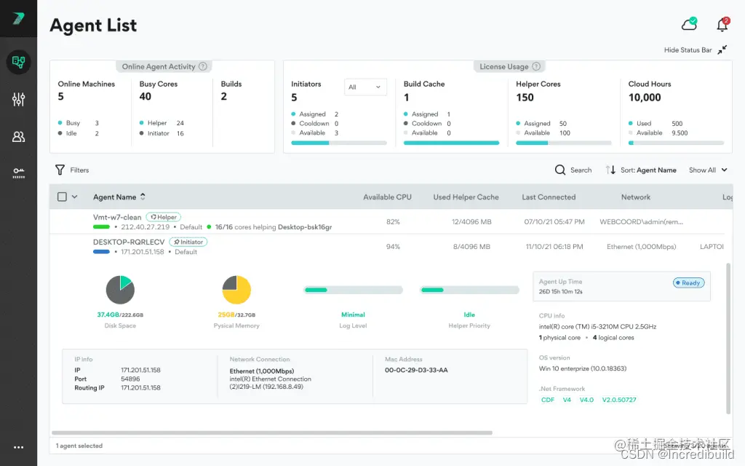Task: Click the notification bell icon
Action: tap(722, 25)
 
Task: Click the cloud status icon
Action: tap(688, 25)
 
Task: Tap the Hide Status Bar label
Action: tap(688, 50)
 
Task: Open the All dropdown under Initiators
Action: tap(364, 87)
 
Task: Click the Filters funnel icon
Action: tap(60, 170)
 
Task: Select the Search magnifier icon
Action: tap(560, 170)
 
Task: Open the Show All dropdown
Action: tap(708, 170)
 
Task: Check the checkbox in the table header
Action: tap(62, 197)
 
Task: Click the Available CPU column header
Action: tap(387, 197)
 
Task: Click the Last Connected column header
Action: tap(549, 197)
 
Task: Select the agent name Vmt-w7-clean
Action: tap(117, 217)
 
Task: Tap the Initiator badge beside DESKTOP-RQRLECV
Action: tap(188, 242)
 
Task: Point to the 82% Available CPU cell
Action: tap(393, 221)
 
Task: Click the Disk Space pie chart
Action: tap(120, 290)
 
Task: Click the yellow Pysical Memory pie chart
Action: tap(236, 290)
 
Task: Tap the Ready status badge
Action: tap(688, 283)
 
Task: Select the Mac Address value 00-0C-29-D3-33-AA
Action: tap(416, 370)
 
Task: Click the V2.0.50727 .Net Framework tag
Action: tap(619, 400)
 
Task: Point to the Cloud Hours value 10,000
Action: tap(645, 98)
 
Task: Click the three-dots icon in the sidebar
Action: tap(19, 448)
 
